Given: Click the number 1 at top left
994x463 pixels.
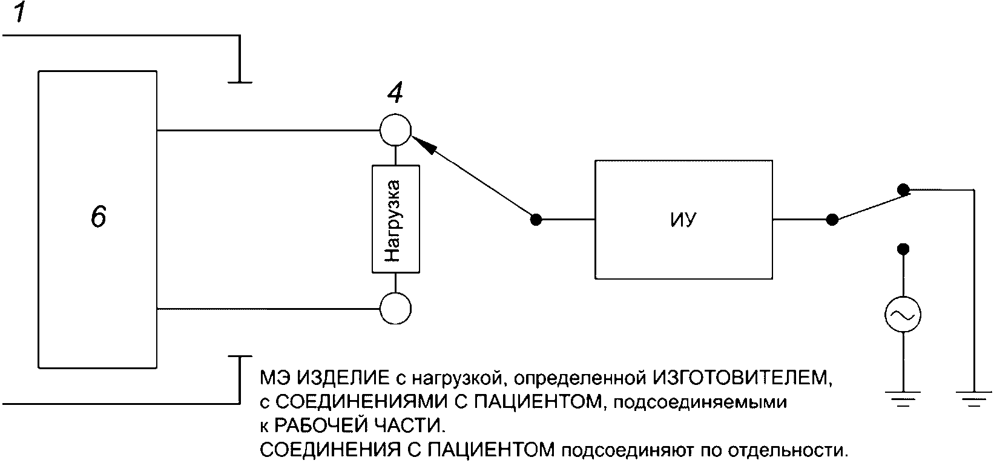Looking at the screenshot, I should (x=20, y=13).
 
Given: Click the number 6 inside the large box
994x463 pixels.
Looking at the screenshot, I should (x=99, y=216).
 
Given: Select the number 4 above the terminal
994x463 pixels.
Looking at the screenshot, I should (x=395, y=93).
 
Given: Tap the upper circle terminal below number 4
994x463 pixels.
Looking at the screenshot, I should (x=395, y=130).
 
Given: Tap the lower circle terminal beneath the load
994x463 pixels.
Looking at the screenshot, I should (x=395, y=308).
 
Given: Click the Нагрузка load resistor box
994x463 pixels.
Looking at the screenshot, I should (x=395, y=218).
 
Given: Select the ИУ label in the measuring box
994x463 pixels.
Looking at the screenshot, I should (x=683, y=219).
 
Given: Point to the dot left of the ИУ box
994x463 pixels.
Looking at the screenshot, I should (x=536, y=219).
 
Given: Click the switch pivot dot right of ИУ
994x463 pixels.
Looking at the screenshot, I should (x=832, y=219).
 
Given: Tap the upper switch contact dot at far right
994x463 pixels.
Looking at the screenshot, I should (x=903, y=189).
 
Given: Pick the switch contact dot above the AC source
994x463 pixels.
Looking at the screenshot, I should (x=903, y=248).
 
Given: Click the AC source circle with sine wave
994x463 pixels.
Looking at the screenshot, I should (x=903, y=315).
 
